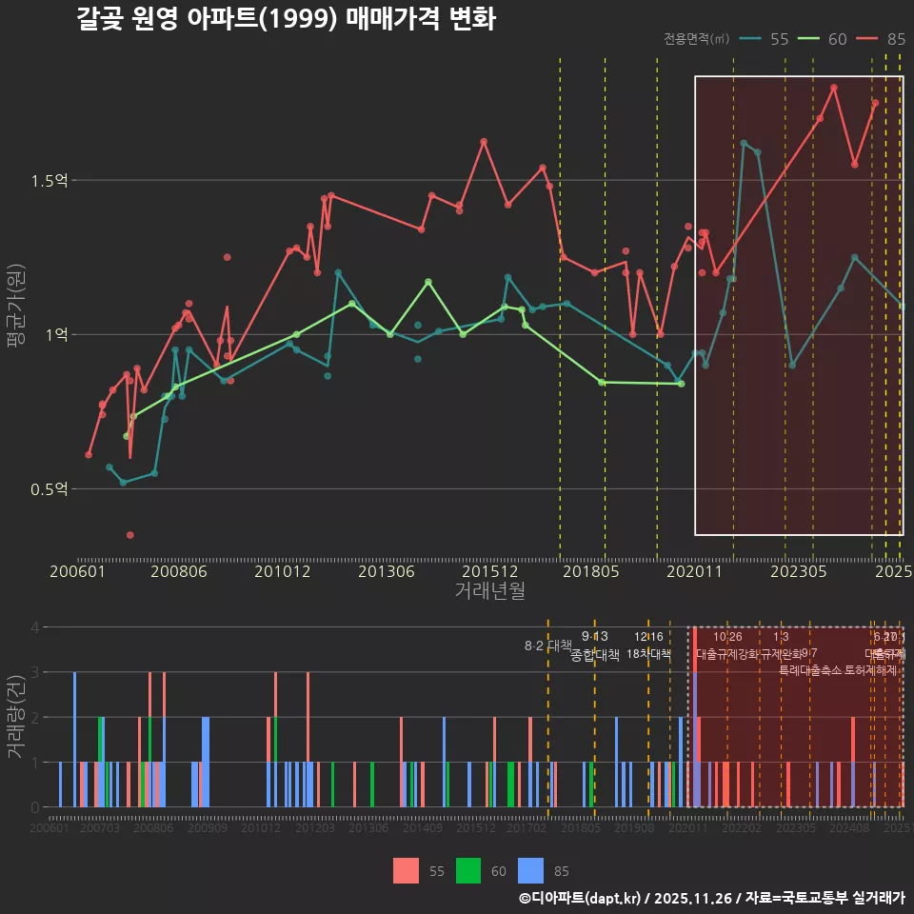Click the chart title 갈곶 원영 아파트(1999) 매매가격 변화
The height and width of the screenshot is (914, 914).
[x=286, y=19]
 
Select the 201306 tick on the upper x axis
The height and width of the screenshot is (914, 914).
[x=386, y=571]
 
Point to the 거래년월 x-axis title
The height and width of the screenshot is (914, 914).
[x=489, y=591]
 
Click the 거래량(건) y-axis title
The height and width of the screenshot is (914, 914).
[x=15, y=716]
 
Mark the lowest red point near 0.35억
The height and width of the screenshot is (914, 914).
[x=130, y=535]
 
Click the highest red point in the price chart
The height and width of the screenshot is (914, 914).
[x=834, y=88]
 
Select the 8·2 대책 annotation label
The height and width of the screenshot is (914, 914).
[x=548, y=646]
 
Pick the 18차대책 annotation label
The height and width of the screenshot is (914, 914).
[x=648, y=654]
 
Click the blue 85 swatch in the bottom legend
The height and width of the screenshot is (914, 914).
[x=531, y=870]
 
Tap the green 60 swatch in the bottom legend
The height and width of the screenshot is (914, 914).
[x=468, y=870]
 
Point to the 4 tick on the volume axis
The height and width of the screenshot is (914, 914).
[x=35, y=627]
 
